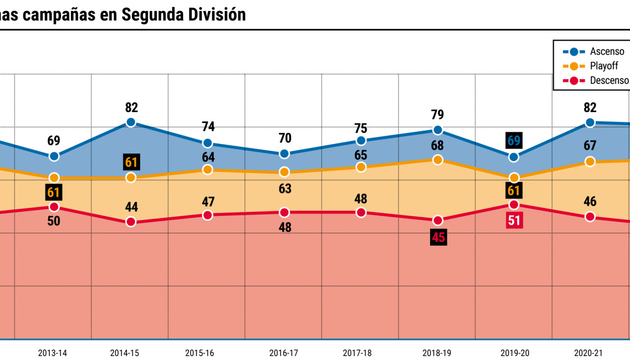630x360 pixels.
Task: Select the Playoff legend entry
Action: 591,66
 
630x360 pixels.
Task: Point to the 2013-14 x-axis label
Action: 53,353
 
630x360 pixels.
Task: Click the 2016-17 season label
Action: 284,353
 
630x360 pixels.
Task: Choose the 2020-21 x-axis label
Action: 589,353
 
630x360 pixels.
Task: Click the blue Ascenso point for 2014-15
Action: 131,122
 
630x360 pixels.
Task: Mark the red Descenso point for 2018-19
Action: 438,220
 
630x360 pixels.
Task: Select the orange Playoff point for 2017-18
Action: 361,167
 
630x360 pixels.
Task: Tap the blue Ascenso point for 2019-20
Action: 514,157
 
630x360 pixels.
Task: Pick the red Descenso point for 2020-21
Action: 590,217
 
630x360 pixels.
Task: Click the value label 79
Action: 437,115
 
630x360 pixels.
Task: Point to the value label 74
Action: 208,126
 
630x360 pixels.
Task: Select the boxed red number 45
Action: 438,238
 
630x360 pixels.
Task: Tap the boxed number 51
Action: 514,220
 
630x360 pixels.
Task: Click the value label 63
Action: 284,189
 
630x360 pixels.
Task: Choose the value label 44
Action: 131,207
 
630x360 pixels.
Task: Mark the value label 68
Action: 437,146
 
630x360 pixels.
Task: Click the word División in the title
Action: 217,15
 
